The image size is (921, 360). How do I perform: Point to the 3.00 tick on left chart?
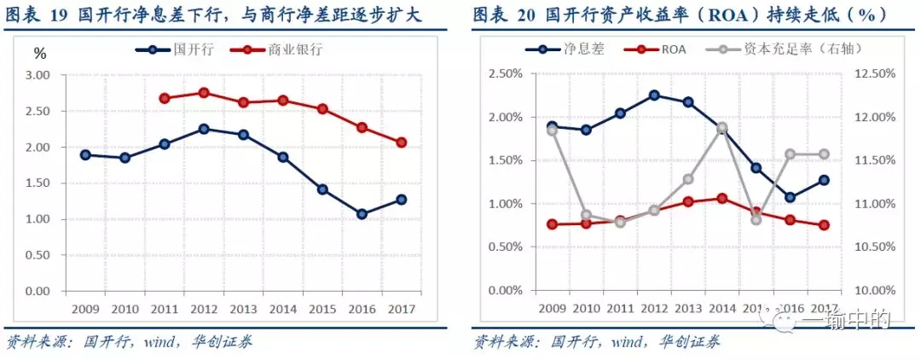38,75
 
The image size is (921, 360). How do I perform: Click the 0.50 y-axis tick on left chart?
38,255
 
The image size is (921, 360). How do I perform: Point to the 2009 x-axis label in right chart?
552,308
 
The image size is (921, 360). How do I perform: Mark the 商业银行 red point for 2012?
204,92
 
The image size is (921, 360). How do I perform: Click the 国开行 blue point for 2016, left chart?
362,214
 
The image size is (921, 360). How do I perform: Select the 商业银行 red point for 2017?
401,142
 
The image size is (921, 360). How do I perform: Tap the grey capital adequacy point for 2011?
620,222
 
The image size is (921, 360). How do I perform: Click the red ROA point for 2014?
721,198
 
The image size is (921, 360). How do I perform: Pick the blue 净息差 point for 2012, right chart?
653,95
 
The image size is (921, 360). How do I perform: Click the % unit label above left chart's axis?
39,54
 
